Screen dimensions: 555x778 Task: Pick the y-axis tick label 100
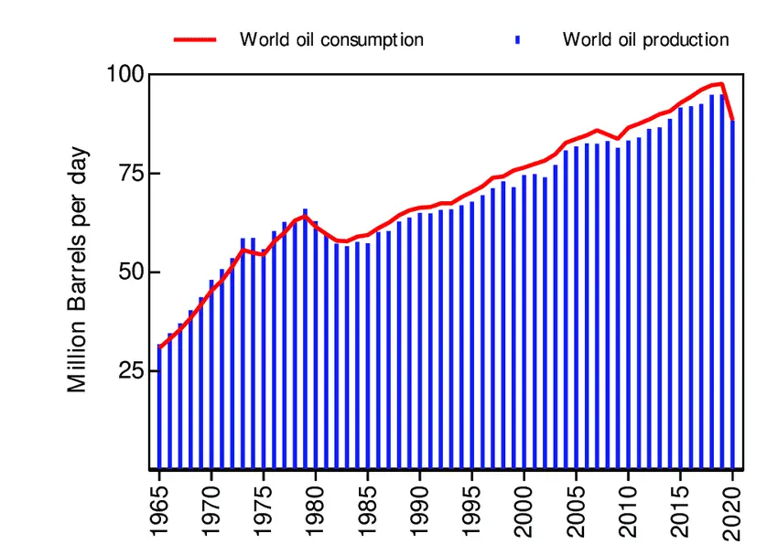pos(125,74)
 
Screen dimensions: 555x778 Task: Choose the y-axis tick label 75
pos(131,174)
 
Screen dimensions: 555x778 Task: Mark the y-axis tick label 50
pos(131,272)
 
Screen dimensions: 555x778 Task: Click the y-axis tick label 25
pos(131,371)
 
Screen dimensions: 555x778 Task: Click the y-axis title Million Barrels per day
pos(79,270)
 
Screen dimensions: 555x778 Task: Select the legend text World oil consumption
pos(331,39)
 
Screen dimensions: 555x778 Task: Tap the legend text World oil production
pos(645,39)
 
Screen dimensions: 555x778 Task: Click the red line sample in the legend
pos(195,39)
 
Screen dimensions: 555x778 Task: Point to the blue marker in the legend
pos(518,39)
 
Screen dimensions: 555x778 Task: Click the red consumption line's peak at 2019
pos(722,84)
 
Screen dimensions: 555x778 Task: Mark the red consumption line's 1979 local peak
pos(305,216)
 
